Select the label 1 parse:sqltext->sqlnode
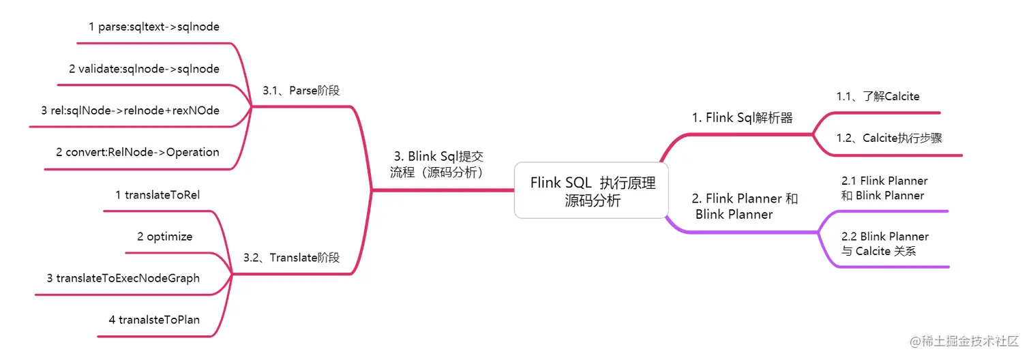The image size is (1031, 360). click(x=154, y=27)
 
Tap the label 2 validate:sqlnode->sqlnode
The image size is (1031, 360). click(x=144, y=68)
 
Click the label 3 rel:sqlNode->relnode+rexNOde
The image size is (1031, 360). click(x=130, y=110)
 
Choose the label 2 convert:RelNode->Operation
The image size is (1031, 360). click(x=138, y=152)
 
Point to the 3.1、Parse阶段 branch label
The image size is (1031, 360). click(x=301, y=91)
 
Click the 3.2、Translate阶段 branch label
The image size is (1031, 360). click(x=291, y=258)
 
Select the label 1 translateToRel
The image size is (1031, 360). click(x=158, y=195)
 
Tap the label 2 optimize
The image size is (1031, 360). click(x=164, y=237)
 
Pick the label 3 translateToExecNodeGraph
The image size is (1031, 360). click(x=123, y=278)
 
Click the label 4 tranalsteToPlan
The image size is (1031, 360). click(x=154, y=319)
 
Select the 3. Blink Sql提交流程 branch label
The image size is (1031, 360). click(x=438, y=164)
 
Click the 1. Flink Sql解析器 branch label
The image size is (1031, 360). click(x=743, y=118)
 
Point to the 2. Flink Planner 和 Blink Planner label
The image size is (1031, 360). click(x=745, y=207)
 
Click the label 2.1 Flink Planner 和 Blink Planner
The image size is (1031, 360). click(x=884, y=188)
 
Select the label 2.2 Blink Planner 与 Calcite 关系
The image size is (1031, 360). click(x=884, y=243)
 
